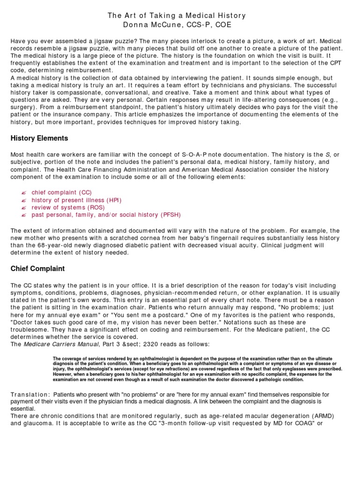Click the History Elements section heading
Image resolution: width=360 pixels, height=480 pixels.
39,138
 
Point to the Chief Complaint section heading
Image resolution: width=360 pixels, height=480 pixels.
37,269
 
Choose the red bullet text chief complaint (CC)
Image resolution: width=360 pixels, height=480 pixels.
62,192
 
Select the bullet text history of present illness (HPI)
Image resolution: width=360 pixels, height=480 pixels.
76,200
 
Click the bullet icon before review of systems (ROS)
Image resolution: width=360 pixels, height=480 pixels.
24,207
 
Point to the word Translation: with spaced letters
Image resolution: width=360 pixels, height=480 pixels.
30,395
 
